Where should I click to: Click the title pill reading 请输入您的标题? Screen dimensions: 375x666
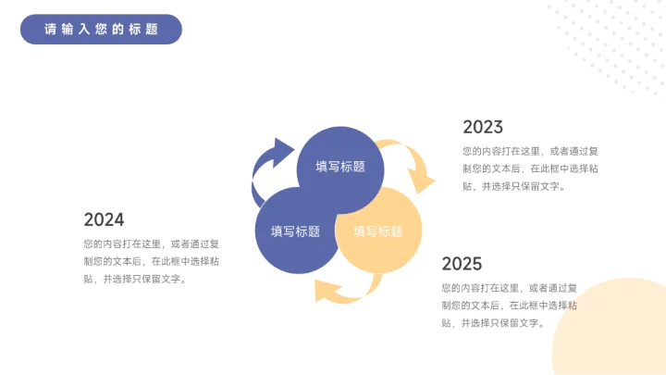click(101, 29)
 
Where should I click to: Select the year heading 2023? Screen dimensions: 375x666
click(483, 127)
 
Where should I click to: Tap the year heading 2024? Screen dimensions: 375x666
click(104, 219)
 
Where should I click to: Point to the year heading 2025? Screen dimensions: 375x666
click(462, 264)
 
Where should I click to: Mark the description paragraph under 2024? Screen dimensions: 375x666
click(151, 261)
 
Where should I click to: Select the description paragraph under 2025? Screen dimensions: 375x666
click(510, 305)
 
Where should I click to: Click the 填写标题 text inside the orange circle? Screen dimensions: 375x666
click(378, 231)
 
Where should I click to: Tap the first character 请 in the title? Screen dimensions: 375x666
click(50, 30)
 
